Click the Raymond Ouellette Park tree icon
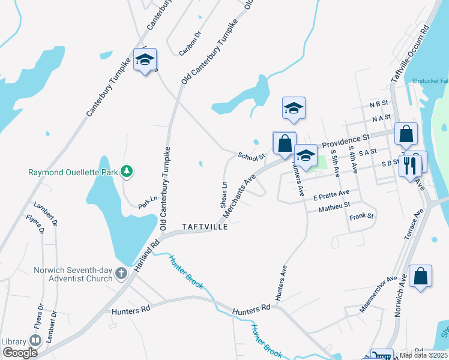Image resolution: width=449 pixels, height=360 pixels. [x=127, y=172]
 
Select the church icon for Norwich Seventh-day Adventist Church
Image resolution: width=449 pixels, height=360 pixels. [x=121, y=274]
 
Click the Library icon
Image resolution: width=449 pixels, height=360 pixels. [x=35, y=341]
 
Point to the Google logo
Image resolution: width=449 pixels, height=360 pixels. [x=20, y=353]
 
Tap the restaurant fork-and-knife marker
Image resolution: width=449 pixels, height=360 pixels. [x=410, y=165]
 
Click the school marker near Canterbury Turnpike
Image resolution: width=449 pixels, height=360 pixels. [x=145, y=59]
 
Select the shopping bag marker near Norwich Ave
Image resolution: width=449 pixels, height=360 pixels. [x=420, y=276]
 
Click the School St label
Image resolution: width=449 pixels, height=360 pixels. [x=251, y=157]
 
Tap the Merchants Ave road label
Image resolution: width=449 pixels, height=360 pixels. [x=239, y=196]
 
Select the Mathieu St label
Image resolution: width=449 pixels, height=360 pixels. [x=334, y=206]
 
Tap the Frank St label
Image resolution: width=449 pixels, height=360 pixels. [x=361, y=215]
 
